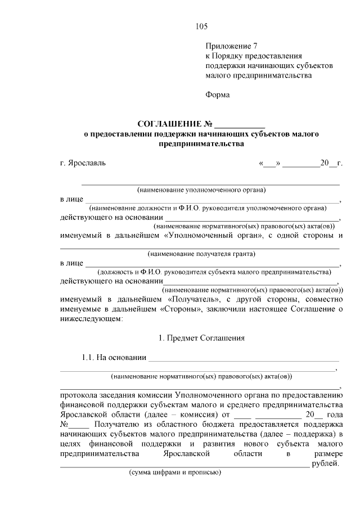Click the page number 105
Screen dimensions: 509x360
coord(201,26)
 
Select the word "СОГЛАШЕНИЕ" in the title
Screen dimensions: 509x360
coord(169,124)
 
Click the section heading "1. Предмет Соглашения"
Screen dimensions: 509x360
coord(201,338)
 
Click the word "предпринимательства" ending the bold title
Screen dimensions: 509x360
coord(201,144)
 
